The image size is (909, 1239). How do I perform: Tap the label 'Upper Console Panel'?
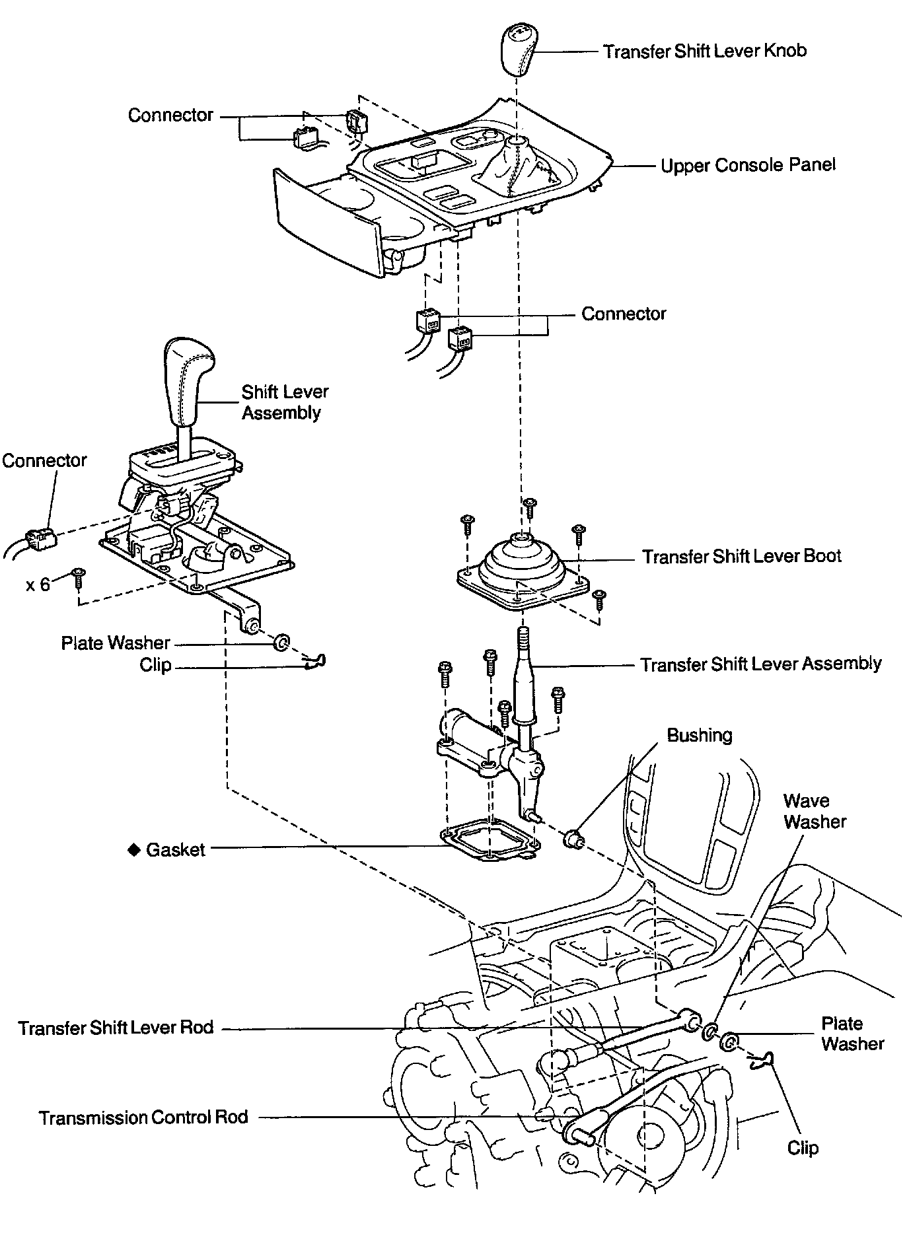click(748, 165)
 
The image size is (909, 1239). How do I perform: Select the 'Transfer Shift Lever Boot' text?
click(741, 556)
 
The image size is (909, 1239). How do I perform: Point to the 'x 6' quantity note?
click(38, 584)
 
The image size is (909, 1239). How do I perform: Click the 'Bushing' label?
click(699, 735)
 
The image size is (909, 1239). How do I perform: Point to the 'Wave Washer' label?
click(814, 811)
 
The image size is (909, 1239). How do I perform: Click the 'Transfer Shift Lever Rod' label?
click(116, 1028)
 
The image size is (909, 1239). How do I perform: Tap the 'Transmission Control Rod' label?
click(143, 1117)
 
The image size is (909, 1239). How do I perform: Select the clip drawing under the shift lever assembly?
click(317, 661)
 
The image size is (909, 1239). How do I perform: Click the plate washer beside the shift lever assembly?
click(281, 641)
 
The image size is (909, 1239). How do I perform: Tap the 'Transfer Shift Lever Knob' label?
click(704, 52)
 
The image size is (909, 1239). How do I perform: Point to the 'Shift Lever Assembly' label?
click(284, 402)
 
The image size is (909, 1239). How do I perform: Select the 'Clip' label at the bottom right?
click(803, 1148)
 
